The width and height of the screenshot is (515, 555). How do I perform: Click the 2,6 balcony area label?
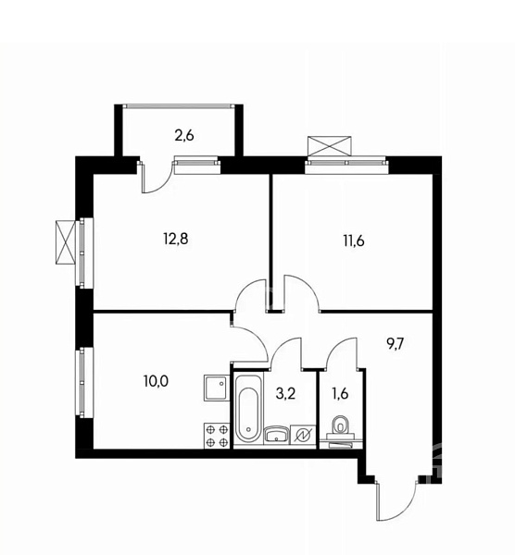184,136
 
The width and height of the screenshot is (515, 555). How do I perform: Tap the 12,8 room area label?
175,240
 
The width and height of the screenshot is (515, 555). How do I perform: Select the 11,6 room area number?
354,241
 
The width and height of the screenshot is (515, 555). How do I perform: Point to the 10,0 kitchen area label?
156,381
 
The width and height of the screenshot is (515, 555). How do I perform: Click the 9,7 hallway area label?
396,343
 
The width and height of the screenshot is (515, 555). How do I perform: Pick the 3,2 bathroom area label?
285,394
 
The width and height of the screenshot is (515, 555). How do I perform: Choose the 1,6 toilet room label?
340,394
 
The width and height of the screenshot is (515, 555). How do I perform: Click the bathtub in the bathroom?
249,409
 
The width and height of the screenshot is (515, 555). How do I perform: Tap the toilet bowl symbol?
341,425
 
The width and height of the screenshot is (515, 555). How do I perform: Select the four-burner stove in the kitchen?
217,436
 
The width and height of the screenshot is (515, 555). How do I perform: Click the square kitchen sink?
217,388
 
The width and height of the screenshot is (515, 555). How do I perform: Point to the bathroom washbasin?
277,434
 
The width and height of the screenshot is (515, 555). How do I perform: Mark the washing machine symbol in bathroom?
303,435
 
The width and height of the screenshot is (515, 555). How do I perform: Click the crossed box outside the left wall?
66,242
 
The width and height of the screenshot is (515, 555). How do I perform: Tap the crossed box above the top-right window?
330,146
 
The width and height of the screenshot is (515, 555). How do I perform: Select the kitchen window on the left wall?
84,382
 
